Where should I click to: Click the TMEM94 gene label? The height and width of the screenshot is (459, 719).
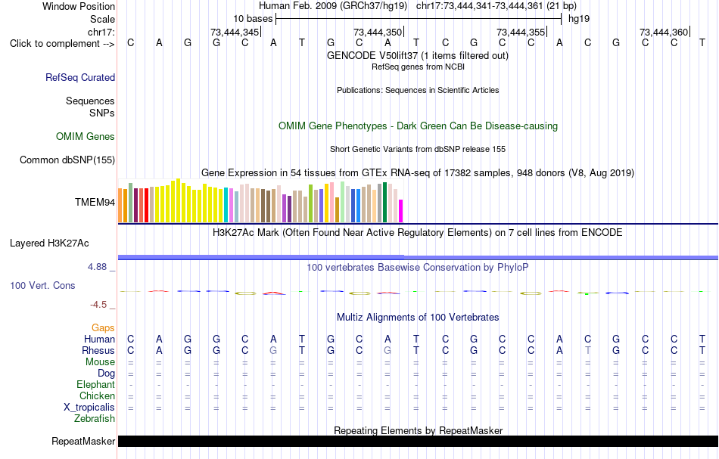coord(95,203)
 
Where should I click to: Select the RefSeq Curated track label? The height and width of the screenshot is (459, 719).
coord(80,77)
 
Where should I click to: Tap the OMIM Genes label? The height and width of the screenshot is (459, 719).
coord(86,137)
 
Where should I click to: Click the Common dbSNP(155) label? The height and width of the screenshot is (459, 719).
coord(67,160)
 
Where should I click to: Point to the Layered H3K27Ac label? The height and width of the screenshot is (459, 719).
coord(49,243)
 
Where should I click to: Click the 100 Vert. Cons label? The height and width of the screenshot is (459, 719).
coord(42,285)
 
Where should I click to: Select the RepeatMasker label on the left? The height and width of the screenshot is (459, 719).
coord(83,441)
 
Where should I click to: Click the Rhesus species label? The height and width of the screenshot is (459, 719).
coord(98,350)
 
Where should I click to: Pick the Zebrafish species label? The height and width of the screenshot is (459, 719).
coord(95,419)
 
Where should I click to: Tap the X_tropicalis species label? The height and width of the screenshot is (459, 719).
coord(89,408)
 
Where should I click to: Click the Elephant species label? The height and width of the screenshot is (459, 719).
coord(96,384)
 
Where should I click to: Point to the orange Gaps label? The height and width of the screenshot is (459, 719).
coord(103,327)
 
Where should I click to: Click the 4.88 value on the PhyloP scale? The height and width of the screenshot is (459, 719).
coord(97,267)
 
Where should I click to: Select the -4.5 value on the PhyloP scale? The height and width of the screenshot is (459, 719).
coord(98,305)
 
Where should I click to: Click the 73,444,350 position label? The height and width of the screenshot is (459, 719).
coord(378,32)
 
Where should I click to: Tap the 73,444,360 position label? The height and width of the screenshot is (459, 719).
coord(664,32)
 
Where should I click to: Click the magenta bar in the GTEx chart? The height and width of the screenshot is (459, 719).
coord(401,211)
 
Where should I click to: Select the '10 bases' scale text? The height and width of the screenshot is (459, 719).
coord(253,19)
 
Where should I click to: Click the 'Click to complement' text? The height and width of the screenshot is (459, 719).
coord(54,44)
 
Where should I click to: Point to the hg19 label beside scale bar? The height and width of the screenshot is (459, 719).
coord(579,19)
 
